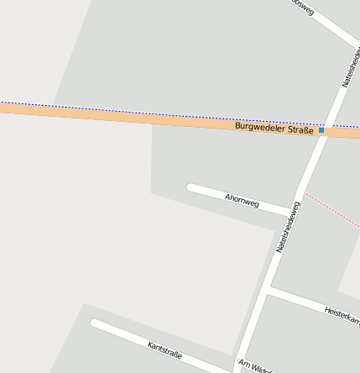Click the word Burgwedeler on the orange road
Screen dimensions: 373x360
260,127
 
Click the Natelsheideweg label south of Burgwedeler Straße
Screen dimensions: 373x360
288,227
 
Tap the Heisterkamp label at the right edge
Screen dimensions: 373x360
342,316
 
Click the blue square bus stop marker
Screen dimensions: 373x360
321,130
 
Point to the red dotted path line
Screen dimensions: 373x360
331,210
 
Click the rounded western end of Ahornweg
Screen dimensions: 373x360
191,187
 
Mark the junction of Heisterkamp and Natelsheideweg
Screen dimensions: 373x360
268,291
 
